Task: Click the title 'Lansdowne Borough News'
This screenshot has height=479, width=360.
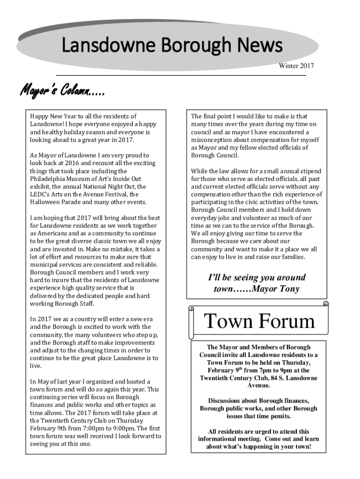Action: pyautogui.click(x=172, y=46)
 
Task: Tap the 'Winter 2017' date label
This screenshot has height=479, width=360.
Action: pyautogui.click(x=296, y=66)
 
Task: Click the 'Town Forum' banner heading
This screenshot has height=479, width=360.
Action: pyautogui.click(x=259, y=321)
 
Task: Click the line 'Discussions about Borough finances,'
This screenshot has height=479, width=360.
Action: pyautogui.click(x=259, y=401)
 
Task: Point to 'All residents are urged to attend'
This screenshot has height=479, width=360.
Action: pyautogui.click(x=252, y=431)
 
